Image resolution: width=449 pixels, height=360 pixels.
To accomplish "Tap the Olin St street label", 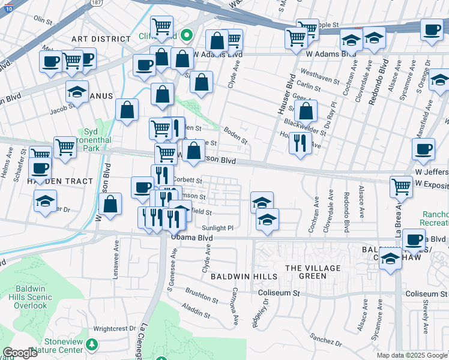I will coord(43,20).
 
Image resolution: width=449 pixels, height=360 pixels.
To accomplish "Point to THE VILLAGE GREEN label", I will coord(313,272).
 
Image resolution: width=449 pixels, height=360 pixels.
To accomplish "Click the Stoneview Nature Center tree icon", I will coord(91,344).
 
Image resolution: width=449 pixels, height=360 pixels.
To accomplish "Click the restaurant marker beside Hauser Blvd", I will coord(300,143).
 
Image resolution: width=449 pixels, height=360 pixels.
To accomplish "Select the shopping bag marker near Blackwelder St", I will coord(306,111).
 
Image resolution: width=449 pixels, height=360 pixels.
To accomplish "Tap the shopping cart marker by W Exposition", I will coord(401,187).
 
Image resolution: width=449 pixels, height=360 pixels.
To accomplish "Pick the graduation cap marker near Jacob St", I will coord(77,92).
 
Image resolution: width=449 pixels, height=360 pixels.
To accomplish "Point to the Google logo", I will coord(20,353).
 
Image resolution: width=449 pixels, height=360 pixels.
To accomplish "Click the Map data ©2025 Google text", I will coord(411,355).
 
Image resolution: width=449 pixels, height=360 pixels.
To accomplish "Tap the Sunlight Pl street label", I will coord(217,228).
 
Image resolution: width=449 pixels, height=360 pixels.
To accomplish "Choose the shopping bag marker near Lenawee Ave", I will coord(110,203).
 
